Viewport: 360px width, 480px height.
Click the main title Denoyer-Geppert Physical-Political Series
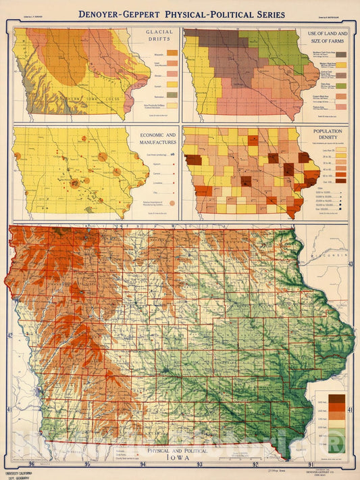(x=181, y=14)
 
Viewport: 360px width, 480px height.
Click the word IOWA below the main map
(x=180, y=456)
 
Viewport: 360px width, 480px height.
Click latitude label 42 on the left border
(x=9, y=335)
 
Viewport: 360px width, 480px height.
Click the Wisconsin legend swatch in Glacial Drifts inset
(x=172, y=53)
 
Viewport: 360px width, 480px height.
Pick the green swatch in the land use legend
(x=342, y=85)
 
